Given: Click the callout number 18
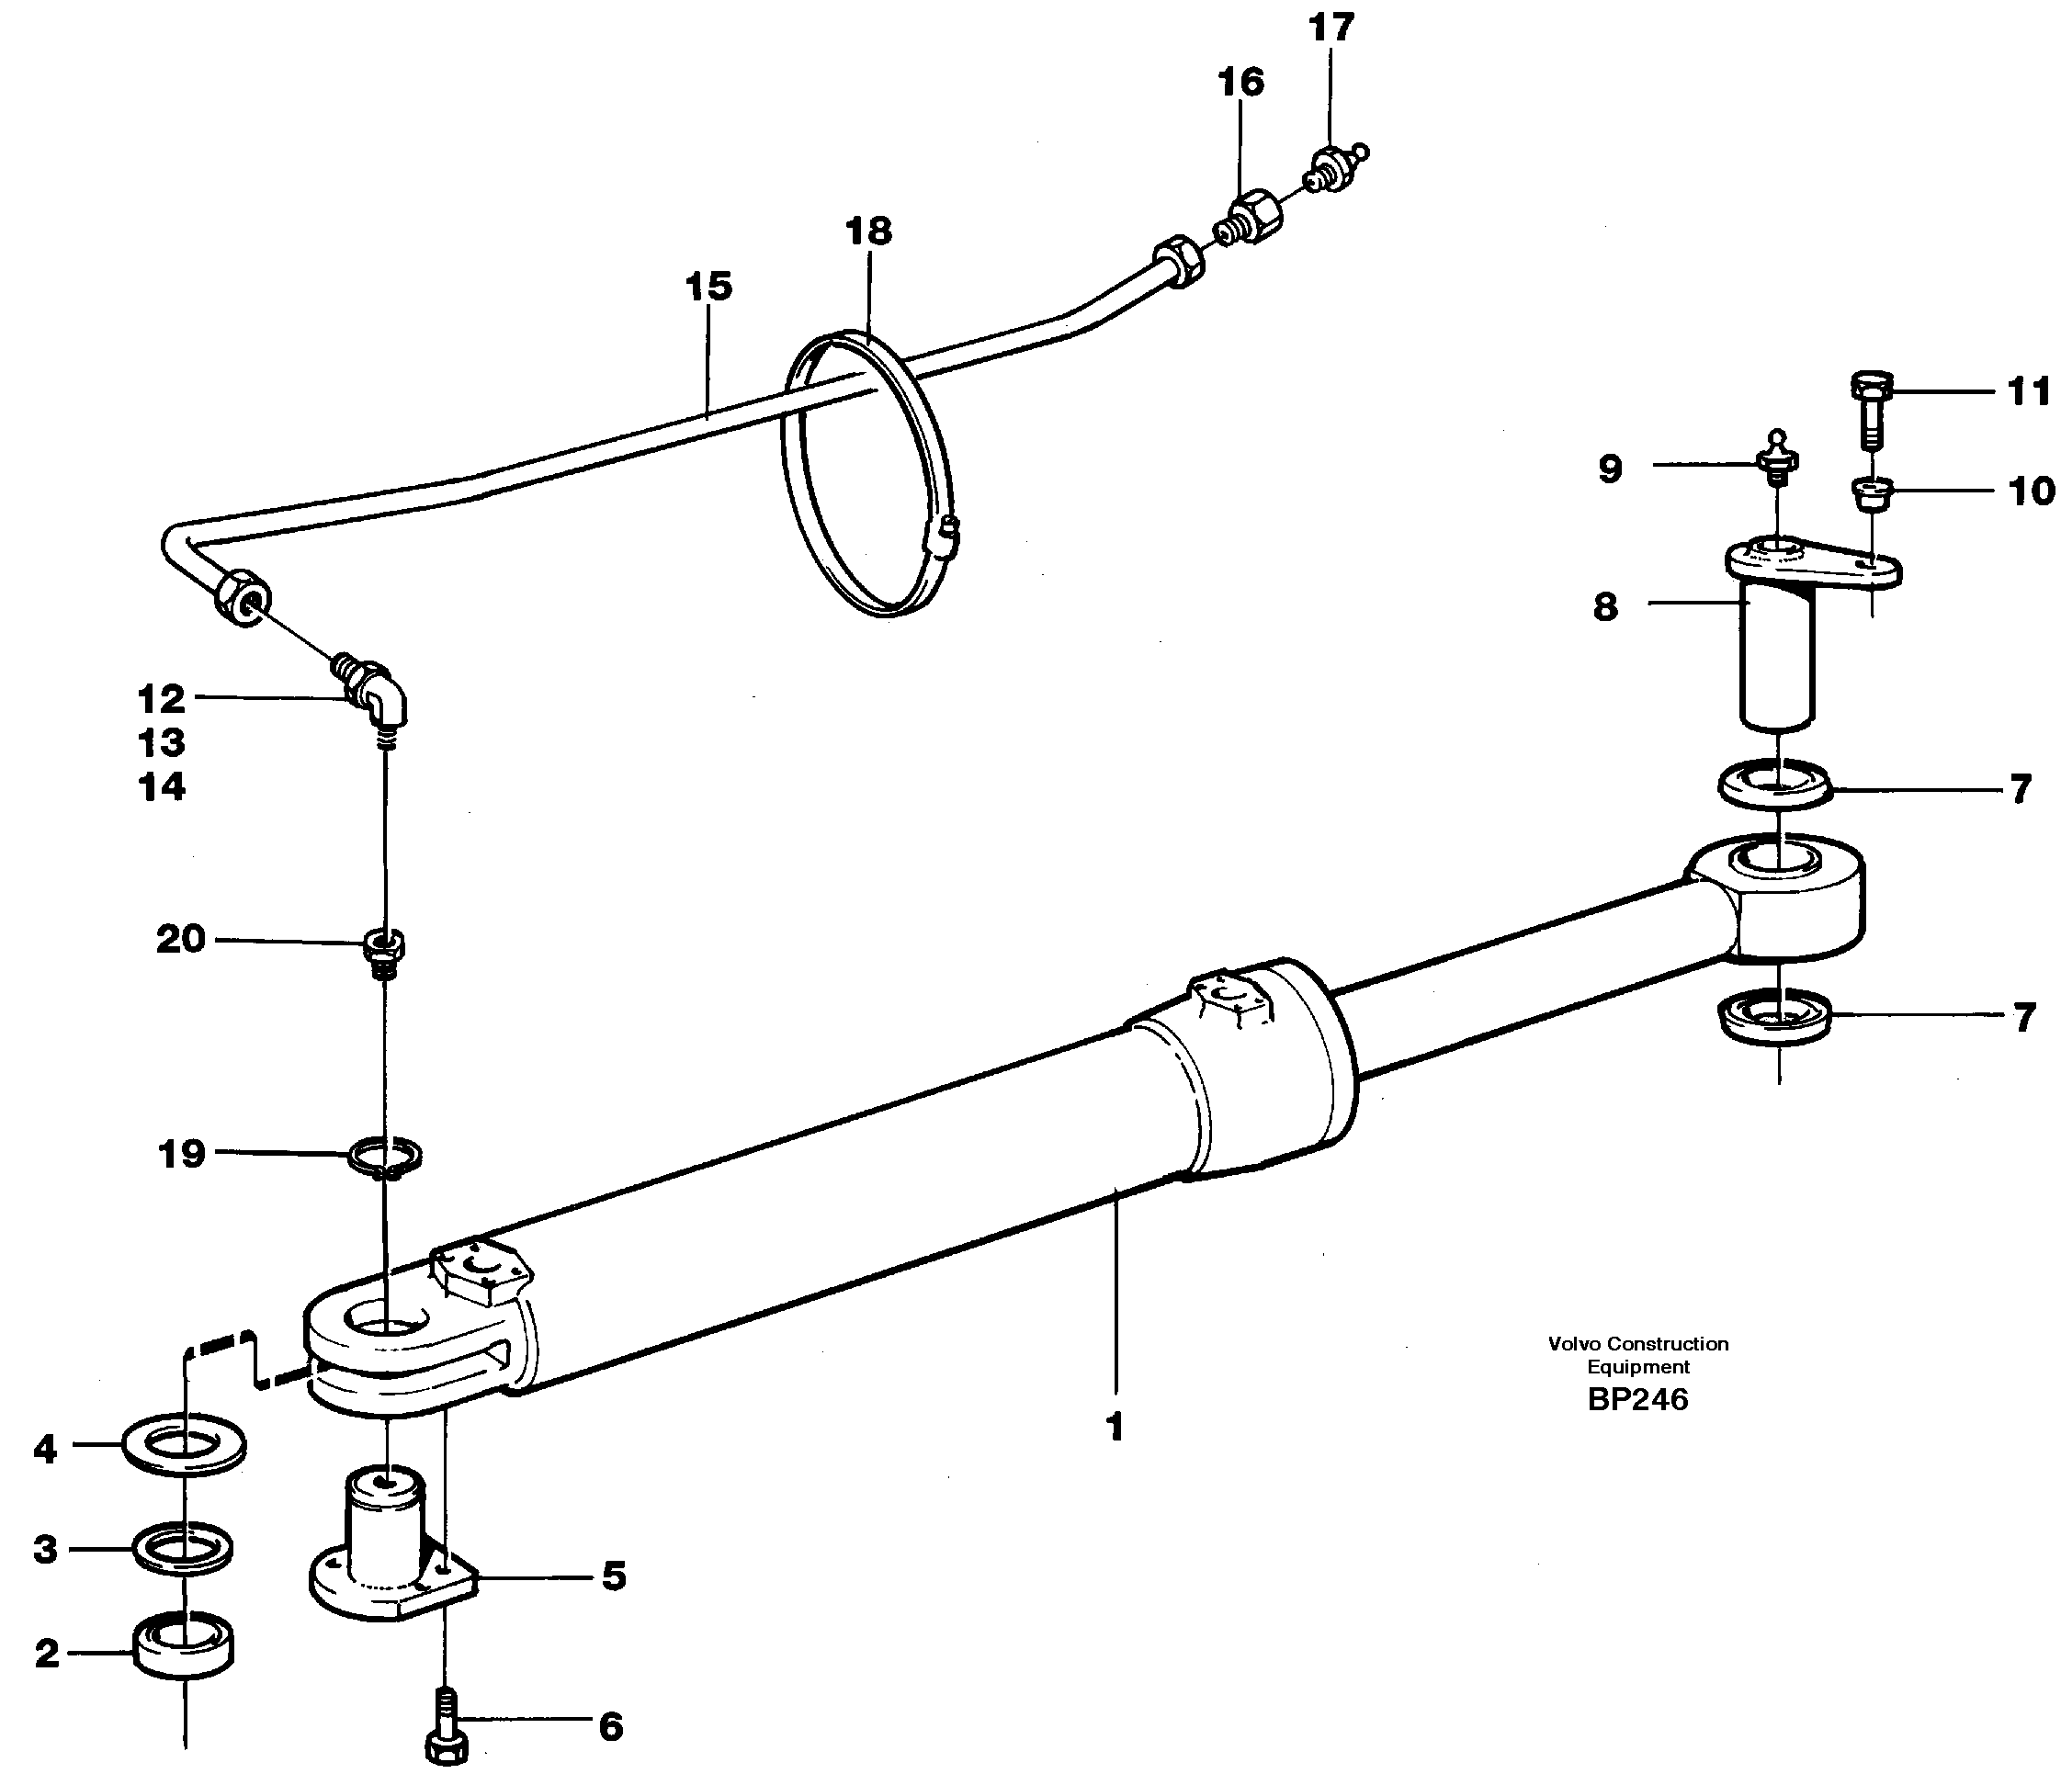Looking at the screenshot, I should coord(867,232).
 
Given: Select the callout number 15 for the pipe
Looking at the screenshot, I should coord(708,287).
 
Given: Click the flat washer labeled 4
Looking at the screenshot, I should coord(185,1445).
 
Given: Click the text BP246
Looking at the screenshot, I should coord(1637,1399).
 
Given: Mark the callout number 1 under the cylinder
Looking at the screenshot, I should coord(1115,1428).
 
